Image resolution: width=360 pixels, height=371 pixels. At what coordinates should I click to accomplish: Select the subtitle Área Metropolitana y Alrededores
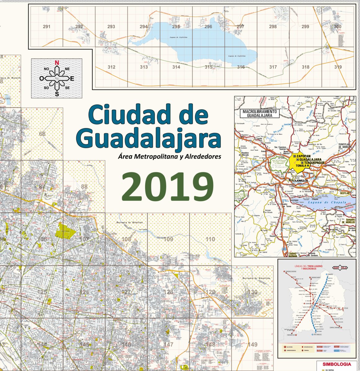pyautogui.click(x=170, y=156)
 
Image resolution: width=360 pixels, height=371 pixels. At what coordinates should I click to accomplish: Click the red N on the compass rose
pyautogui.click(x=57, y=62)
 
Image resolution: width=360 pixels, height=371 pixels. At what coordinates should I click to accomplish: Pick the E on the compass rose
pyautogui.click(x=72, y=79)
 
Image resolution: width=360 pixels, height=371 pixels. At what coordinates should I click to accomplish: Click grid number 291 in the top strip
pyautogui.click(x=47, y=27)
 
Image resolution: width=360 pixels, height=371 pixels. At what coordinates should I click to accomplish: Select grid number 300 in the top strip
pyautogui.click(x=337, y=27)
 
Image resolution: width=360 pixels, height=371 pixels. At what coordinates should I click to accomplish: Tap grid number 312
pyautogui.click(x=111, y=67)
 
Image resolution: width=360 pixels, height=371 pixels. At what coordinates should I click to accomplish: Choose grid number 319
pyautogui.click(x=338, y=67)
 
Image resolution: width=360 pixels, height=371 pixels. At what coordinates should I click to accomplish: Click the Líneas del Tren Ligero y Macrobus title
pyautogui.click(x=310, y=268)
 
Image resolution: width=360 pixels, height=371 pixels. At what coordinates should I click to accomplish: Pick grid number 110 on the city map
pyautogui.click(x=210, y=239)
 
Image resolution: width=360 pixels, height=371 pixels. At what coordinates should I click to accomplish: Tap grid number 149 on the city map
pyautogui.click(x=253, y=344)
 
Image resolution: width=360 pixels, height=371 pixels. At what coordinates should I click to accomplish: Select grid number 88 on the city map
pyautogui.click(x=84, y=187)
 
